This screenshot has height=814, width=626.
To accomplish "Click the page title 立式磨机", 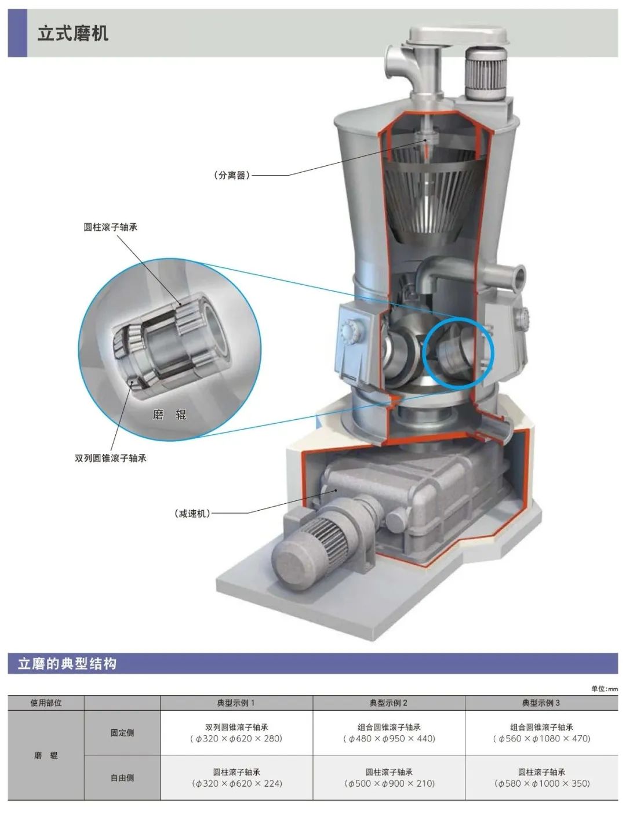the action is click(x=72, y=33).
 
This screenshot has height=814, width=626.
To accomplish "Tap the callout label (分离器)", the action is click(x=232, y=175).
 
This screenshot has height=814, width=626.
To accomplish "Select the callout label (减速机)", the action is click(x=192, y=513).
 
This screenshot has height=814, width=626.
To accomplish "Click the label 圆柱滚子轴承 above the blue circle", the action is click(x=111, y=227).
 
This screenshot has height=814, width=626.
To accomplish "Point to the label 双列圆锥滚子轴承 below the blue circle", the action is click(x=111, y=458).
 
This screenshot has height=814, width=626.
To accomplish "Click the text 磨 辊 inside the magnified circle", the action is click(x=169, y=415).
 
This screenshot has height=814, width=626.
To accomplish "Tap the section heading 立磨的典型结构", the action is click(x=67, y=664).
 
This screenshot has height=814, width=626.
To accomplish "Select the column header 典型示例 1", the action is click(x=236, y=703).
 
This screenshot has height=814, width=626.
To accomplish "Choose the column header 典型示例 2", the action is click(x=388, y=703).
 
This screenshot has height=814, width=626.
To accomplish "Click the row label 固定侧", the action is click(x=122, y=733).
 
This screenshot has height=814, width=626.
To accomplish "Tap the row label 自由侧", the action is click(x=122, y=777).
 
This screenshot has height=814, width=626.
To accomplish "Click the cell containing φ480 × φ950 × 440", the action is click(x=389, y=733).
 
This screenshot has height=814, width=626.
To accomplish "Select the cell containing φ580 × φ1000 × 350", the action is click(x=542, y=777).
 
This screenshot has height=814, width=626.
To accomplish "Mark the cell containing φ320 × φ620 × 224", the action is click(x=236, y=777).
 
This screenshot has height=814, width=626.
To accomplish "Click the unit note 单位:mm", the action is click(x=605, y=689).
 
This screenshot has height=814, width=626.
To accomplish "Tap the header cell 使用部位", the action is click(x=46, y=703).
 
